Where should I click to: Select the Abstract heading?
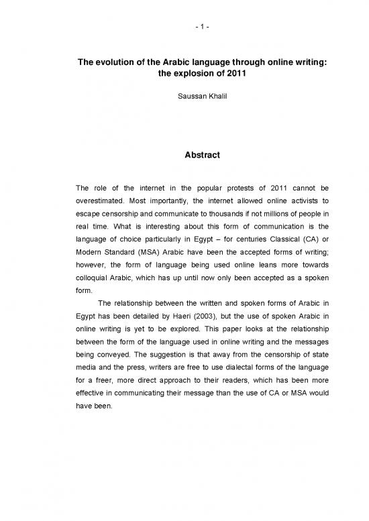click(184, 152)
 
